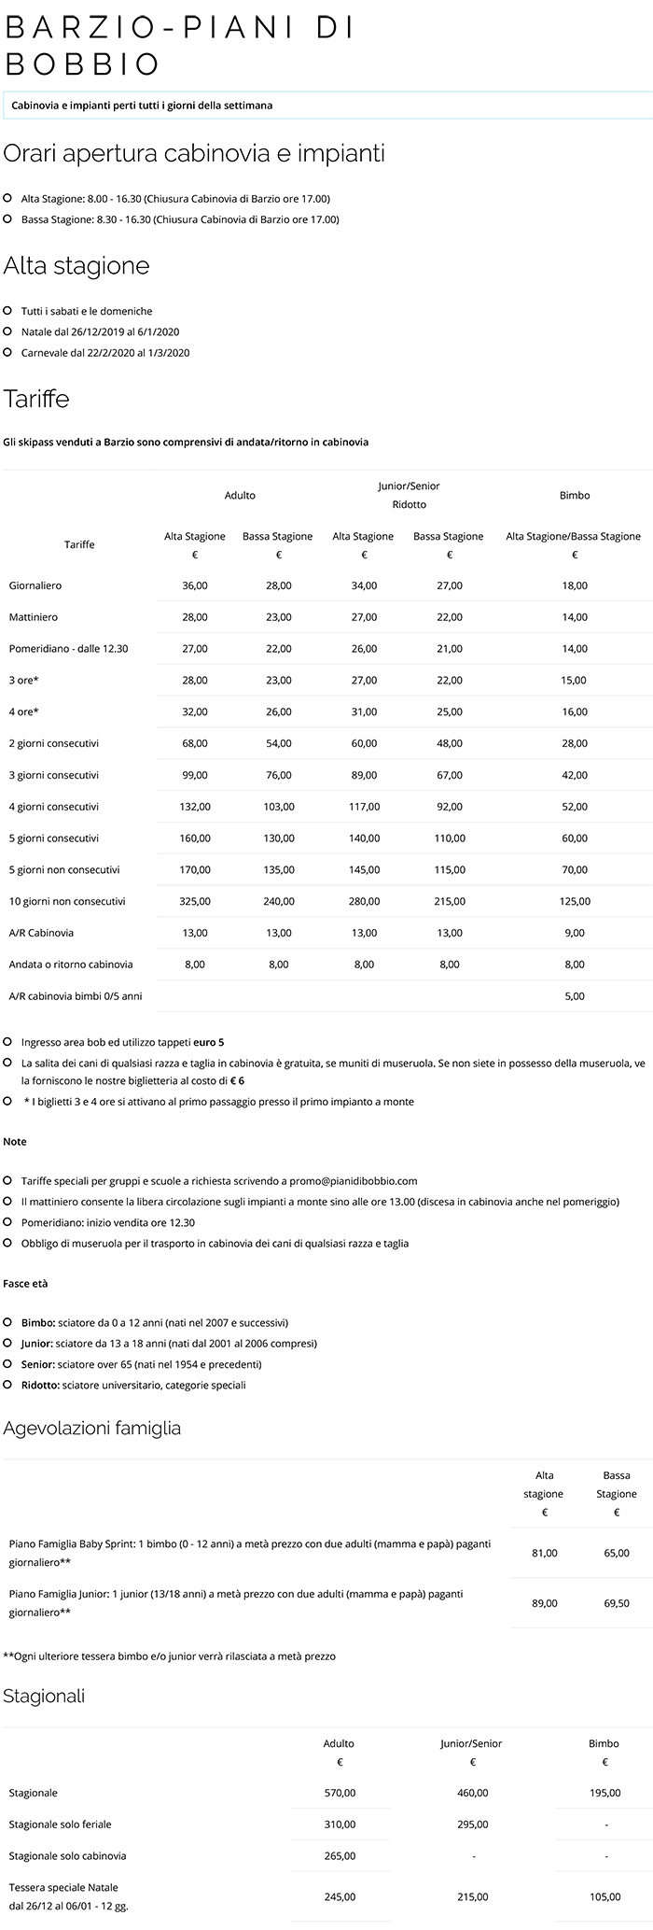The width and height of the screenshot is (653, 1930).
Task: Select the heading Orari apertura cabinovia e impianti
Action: pyautogui.click(x=194, y=153)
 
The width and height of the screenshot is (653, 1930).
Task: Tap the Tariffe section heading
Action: pyautogui.click(x=36, y=399)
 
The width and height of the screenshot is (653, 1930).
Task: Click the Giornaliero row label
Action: pyautogui.click(x=35, y=585)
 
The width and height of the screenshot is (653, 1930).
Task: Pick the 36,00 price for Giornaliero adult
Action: pyautogui.click(x=195, y=585)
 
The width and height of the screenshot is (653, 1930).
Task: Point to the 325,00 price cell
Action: pyautogui.click(x=195, y=901)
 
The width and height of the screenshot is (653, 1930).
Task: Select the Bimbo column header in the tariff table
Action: pyautogui.click(x=575, y=495)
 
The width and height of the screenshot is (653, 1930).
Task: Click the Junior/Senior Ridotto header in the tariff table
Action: pyautogui.click(x=409, y=495)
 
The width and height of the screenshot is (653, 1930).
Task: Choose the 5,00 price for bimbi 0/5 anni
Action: pyautogui.click(x=575, y=996)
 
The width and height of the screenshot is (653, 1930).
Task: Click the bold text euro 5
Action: pyautogui.click(x=209, y=1042)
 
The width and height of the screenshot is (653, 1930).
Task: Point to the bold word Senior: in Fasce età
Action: pyautogui.click(x=39, y=1364)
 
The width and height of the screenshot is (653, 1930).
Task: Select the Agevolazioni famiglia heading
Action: pyautogui.click(x=92, y=1428)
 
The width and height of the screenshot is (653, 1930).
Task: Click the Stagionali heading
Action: pyautogui.click(x=44, y=1696)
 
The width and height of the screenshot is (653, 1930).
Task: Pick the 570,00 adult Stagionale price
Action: pyautogui.click(x=339, y=1793)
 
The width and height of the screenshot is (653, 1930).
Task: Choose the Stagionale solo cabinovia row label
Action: pyautogui.click(x=67, y=1855)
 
